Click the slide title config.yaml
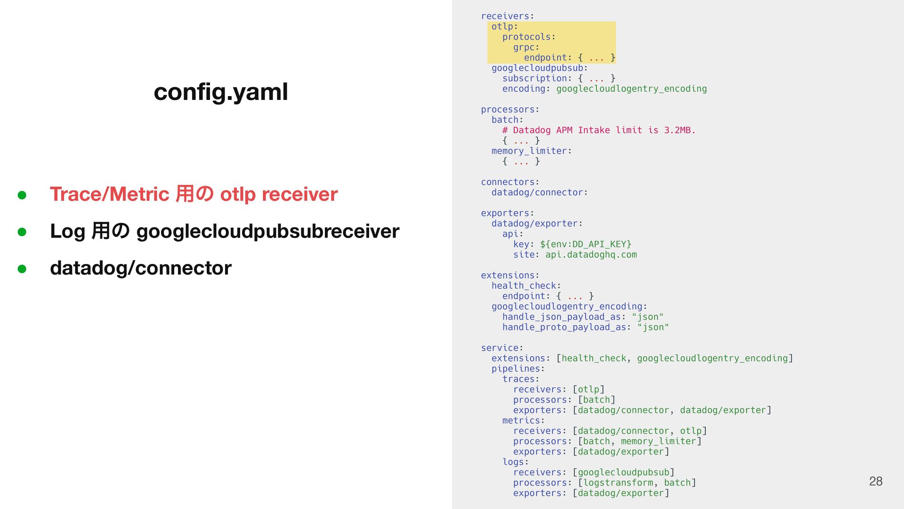(x=220, y=92)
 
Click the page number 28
(x=875, y=481)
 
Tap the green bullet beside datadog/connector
(x=22, y=269)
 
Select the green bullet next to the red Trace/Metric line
(x=22, y=195)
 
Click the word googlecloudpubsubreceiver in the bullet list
(x=267, y=231)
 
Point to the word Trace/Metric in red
(x=109, y=194)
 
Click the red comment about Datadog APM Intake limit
(x=598, y=130)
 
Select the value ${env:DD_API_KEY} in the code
(x=585, y=244)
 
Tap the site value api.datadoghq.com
(x=591, y=254)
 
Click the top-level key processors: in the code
(x=509, y=109)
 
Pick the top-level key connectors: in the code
(x=509, y=182)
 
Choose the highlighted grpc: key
(x=526, y=47)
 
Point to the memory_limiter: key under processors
(x=531, y=151)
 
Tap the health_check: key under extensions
(x=526, y=286)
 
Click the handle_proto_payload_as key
(x=564, y=327)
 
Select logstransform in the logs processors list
(x=618, y=483)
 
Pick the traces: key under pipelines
(x=520, y=379)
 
